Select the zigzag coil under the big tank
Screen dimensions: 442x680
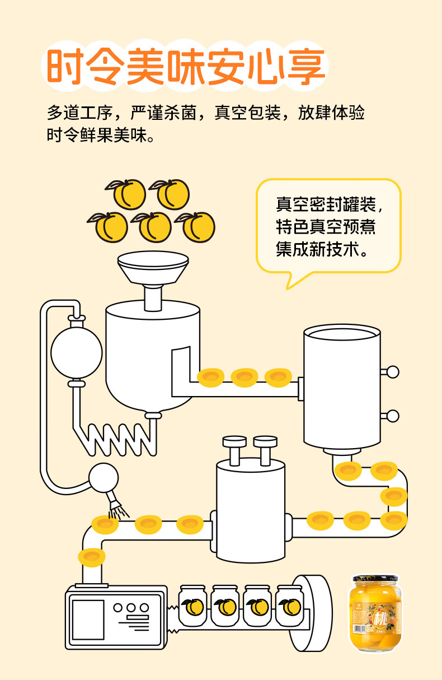117,437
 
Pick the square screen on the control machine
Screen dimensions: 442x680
88,620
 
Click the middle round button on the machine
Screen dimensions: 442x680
132,608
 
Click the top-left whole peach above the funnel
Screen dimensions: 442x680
129,194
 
